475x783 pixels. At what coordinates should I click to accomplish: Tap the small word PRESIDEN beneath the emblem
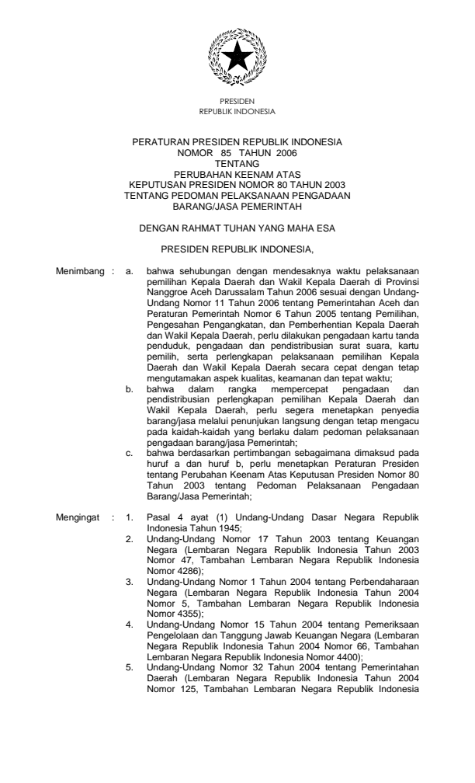pos(237,103)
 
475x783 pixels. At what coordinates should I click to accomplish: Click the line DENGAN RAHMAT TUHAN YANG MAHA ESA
pos(237,229)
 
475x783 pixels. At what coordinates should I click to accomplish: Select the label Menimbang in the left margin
pos(80,272)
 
